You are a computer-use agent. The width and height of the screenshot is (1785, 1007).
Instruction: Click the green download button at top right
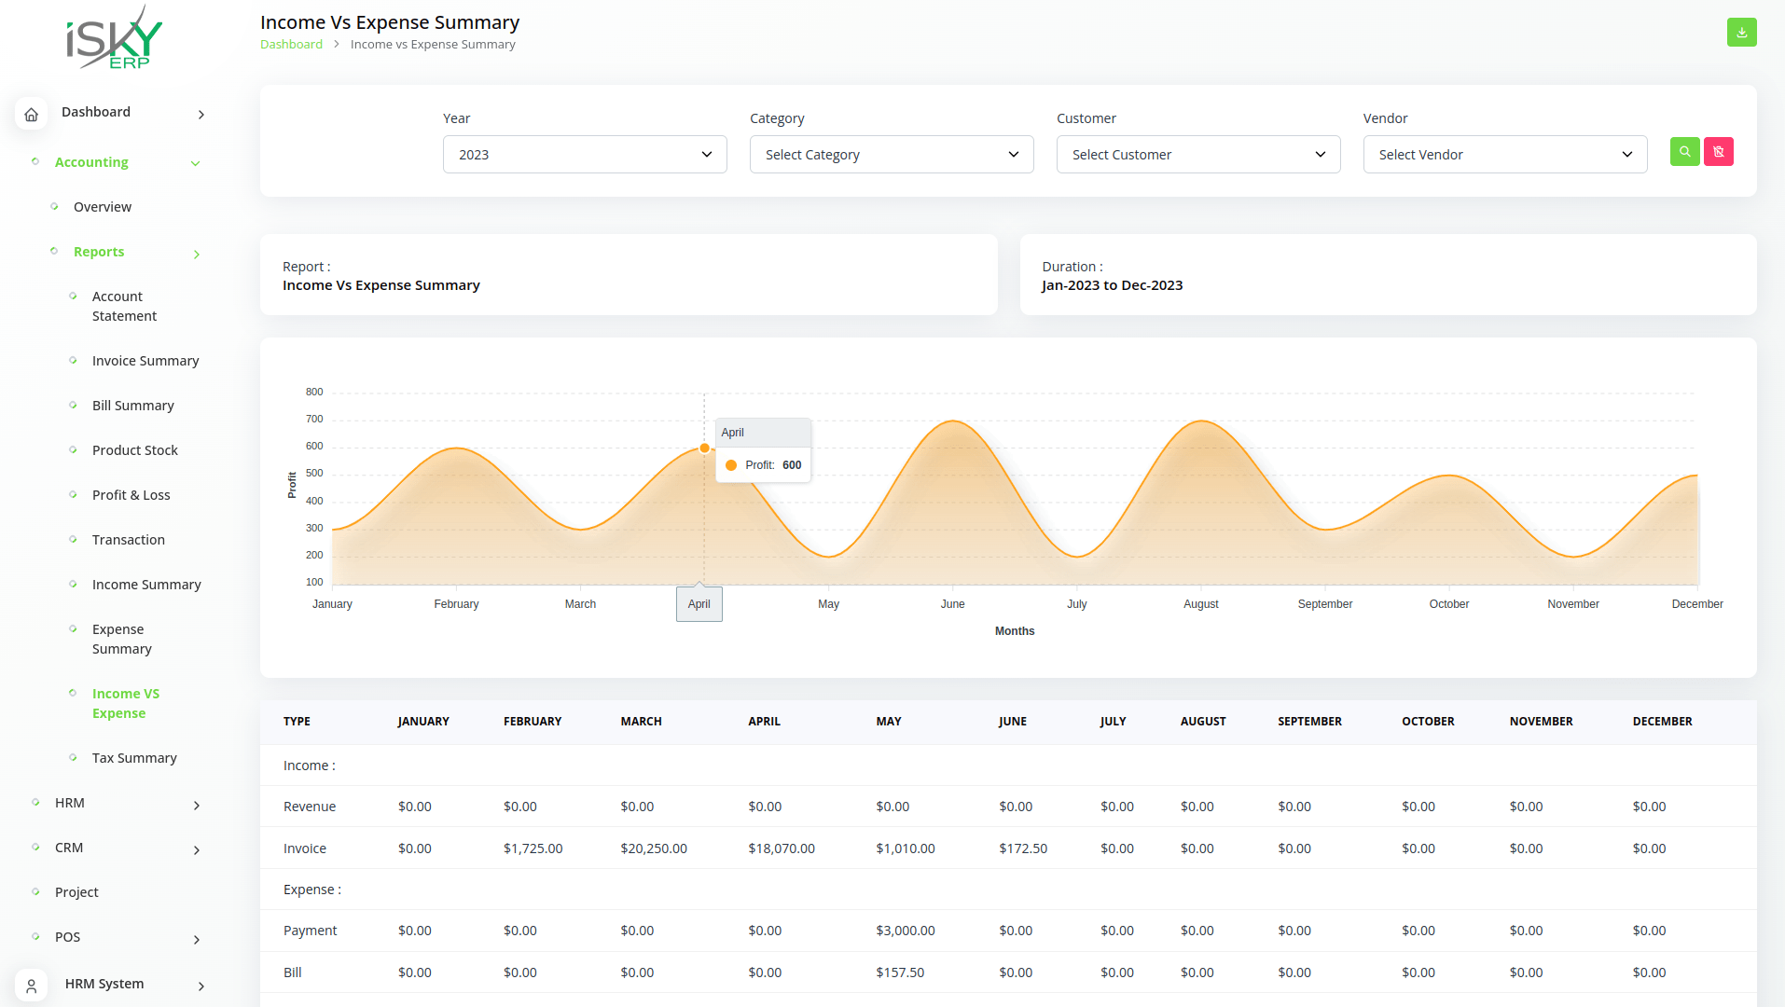pos(1741,33)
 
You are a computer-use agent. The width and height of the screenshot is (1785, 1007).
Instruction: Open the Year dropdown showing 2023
pos(584,155)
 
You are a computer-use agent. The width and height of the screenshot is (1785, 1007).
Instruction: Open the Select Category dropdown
pos(891,155)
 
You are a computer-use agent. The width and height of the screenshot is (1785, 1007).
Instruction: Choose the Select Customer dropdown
pos(1197,155)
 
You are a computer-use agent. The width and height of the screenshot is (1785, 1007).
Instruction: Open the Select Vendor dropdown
pos(1504,155)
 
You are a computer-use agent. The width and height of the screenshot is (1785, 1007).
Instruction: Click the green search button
pos(1684,152)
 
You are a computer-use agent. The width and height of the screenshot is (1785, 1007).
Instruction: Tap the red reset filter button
pos(1718,152)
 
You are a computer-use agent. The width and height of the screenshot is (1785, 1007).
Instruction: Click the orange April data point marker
pos(704,448)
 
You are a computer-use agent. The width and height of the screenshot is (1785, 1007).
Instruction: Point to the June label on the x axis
pos(952,604)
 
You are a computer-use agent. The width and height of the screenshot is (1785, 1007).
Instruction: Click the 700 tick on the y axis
pos(314,420)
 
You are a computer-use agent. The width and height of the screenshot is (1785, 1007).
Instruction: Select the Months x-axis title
pos(1014,631)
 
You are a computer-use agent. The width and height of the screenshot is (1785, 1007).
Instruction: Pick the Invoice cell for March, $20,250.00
pos(654,848)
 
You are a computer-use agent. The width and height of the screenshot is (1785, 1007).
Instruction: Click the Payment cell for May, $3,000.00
pos(905,931)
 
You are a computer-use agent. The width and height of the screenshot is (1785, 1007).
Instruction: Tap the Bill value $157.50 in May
pos(900,973)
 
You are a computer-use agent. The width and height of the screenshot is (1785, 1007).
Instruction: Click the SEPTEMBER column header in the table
pos(1309,722)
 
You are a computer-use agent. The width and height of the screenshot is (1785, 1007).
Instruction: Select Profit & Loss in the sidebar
pos(131,495)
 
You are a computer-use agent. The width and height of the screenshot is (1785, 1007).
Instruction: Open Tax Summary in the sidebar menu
pos(134,758)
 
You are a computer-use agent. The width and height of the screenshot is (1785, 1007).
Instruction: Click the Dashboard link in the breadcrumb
pos(291,45)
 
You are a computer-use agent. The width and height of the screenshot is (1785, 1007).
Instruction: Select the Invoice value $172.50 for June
pos(1023,848)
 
